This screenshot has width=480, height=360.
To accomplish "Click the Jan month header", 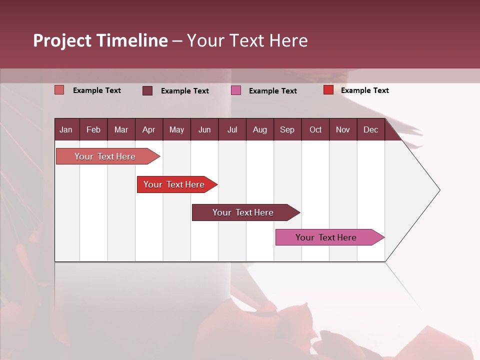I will point(66,130).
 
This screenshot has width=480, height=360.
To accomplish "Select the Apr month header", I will point(149,130).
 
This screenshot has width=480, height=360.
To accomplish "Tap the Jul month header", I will point(232,130).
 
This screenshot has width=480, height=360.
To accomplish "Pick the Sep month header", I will point(287,130).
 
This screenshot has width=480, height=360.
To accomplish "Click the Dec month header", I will point(370,130).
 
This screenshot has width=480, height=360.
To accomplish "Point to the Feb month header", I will point(93,130).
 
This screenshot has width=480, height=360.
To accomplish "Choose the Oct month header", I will point(315,130).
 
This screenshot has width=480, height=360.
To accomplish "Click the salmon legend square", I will point(59,90).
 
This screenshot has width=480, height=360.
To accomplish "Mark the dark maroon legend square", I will point(147,90).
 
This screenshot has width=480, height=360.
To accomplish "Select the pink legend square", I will point(236,90).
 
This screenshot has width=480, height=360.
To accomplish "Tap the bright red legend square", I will point(328,90).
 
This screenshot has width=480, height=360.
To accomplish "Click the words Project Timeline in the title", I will point(100,40).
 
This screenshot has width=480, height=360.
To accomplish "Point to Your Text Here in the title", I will point(247,40).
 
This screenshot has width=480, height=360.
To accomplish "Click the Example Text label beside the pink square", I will point(272,91).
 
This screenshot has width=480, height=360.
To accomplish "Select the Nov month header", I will point(343,130).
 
